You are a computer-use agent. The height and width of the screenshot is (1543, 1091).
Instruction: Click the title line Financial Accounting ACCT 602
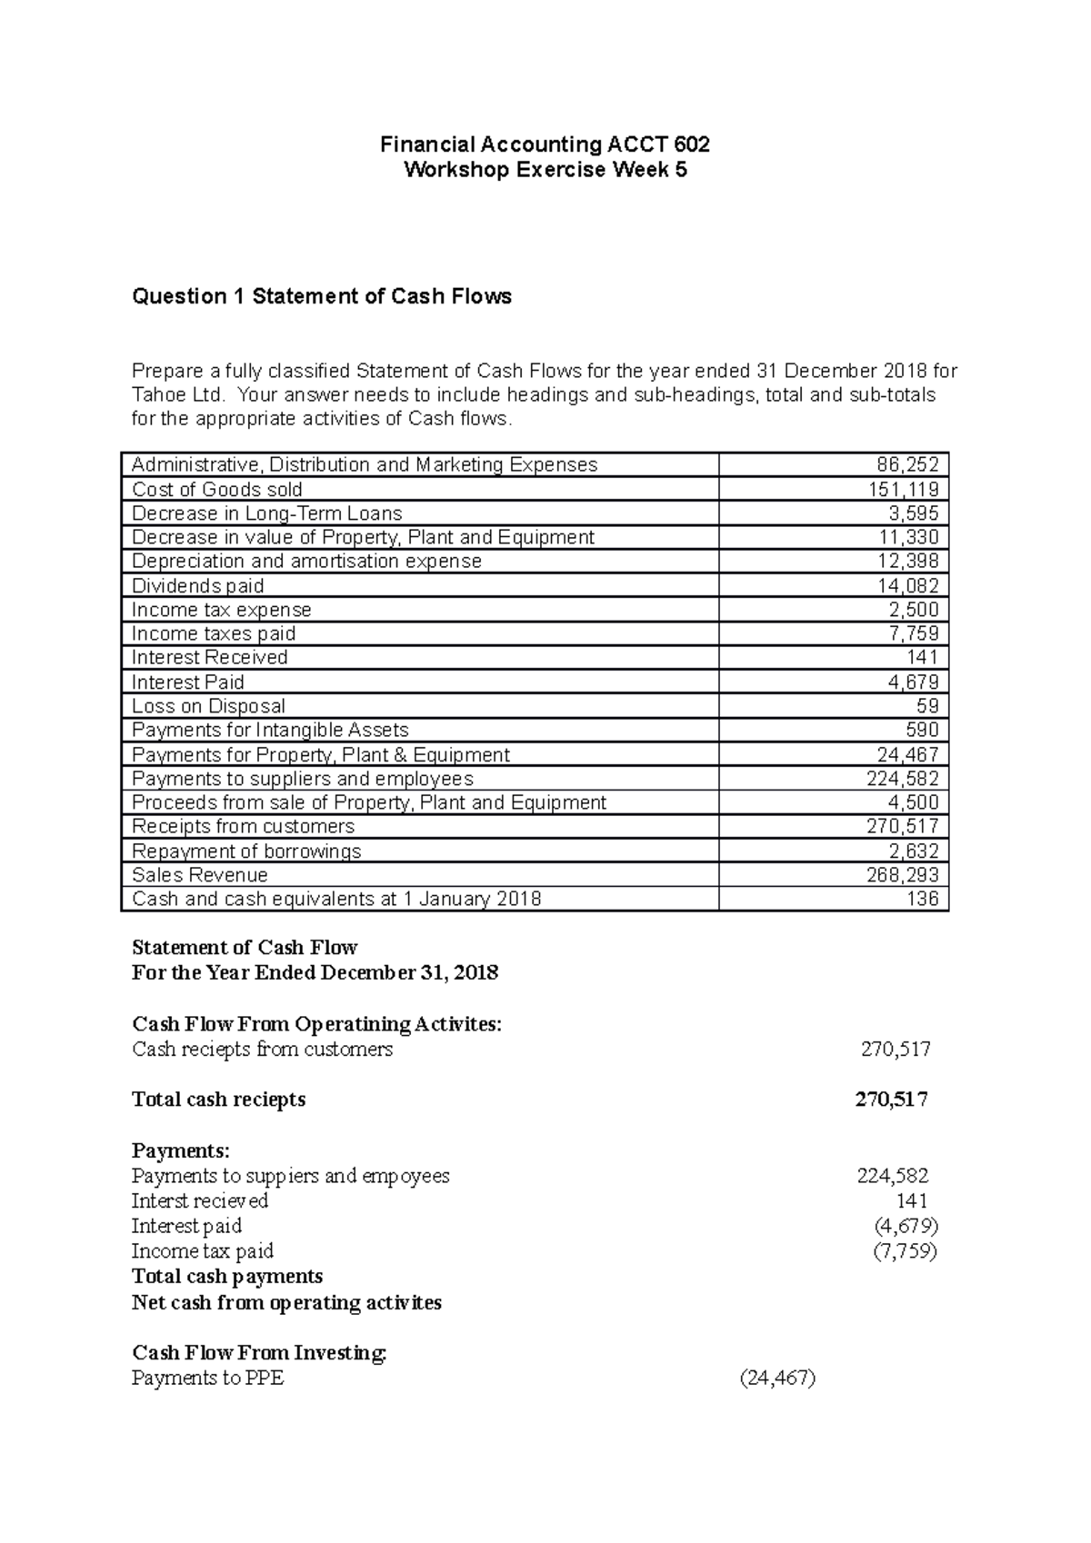coord(545,144)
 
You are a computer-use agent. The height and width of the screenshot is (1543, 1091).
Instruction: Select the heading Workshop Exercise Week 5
coord(545,170)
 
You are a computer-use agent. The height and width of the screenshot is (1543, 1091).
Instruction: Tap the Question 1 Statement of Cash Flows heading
coord(322,296)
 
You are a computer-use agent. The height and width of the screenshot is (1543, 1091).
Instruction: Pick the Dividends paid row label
coord(198,585)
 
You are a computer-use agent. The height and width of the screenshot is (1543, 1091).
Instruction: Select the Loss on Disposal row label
coord(208,706)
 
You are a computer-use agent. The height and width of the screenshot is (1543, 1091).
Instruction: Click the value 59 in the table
coord(927,706)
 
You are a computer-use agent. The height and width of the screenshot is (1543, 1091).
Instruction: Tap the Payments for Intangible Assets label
coord(270,730)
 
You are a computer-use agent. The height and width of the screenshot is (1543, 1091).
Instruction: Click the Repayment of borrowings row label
coord(246,851)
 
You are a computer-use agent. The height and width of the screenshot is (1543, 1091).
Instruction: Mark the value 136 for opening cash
coord(923,899)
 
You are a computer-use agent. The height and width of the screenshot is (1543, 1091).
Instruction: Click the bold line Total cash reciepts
coord(218,1100)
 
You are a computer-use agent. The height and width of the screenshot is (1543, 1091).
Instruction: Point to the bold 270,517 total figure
coord(891,1100)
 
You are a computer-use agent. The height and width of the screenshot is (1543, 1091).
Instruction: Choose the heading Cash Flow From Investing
coord(259,1353)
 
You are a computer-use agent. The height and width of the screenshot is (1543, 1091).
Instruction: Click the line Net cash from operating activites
coord(286,1302)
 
